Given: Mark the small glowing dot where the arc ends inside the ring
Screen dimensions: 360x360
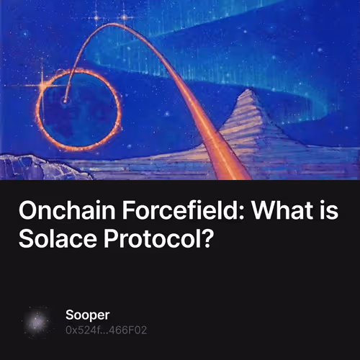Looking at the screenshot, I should tap(66, 102).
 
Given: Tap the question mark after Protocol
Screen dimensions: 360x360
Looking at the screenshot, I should tap(207, 239).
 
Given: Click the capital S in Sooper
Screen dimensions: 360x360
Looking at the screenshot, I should tap(69, 316).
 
